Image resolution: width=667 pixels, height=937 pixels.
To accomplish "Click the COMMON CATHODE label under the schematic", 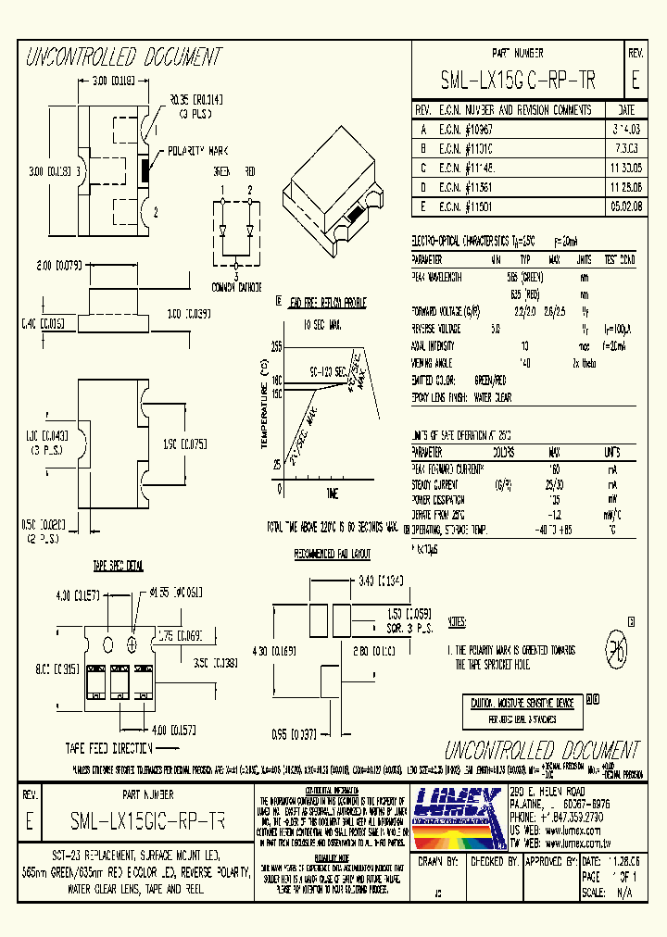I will point(236,286).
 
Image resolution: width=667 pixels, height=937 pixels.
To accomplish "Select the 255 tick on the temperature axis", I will point(276,345).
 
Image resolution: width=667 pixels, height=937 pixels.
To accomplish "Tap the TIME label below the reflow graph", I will point(332,492).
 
